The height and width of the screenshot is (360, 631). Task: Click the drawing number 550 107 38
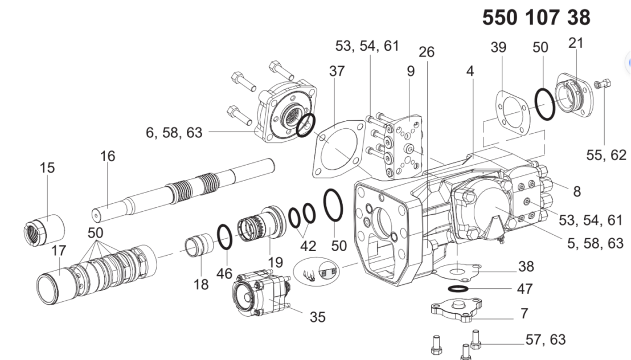click(x=536, y=18)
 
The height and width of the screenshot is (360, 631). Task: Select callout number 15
click(x=47, y=167)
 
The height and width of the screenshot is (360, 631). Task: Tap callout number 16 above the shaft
click(x=108, y=156)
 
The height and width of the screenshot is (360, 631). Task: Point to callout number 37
click(x=337, y=71)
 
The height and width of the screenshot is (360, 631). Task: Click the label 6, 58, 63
click(x=174, y=133)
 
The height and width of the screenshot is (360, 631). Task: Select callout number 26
click(x=427, y=52)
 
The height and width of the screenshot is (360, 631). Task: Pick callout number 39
click(x=498, y=47)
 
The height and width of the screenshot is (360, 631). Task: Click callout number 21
click(x=575, y=43)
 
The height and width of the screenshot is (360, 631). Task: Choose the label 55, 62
click(x=606, y=155)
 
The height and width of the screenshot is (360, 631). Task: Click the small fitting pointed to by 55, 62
click(x=602, y=83)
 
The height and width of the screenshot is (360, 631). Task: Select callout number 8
click(x=577, y=191)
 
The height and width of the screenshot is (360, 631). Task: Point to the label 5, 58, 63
click(x=595, y=243)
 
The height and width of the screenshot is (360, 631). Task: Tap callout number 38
click(x=526, y=266)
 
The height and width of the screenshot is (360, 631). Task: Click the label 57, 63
click(x=545, y=339)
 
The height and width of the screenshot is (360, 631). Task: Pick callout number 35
click(x=318, y=317)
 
